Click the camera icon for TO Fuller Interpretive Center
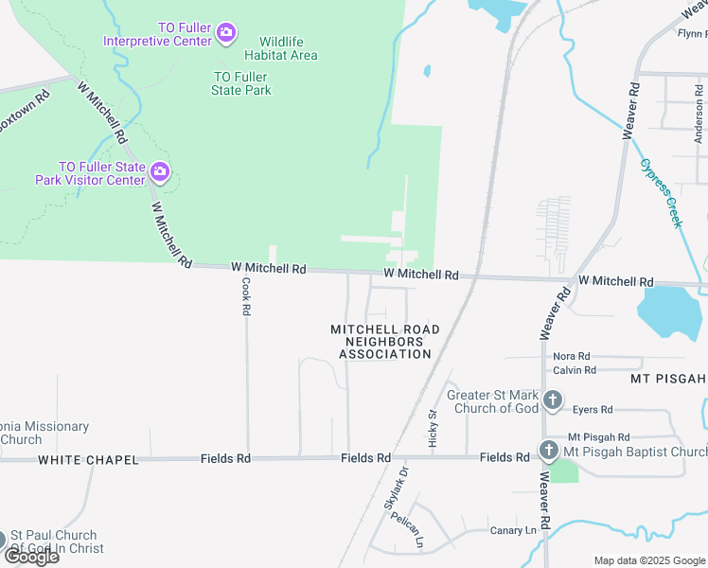[x=225, y=34]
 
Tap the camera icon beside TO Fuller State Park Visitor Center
[x=159, y=172]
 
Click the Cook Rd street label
[x=245, y=295]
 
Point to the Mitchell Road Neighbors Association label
[x=385, y=342]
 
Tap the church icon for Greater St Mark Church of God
[x=553, y=400]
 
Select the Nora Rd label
[x=571, y=356]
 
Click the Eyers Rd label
[x=593, y=410]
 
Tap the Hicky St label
[x=434, y=427]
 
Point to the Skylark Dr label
[x=397, y=488]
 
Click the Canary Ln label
[x=513, y=530]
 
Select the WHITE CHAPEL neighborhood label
[x=88, y=460]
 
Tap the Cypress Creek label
[x=661, y=192]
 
